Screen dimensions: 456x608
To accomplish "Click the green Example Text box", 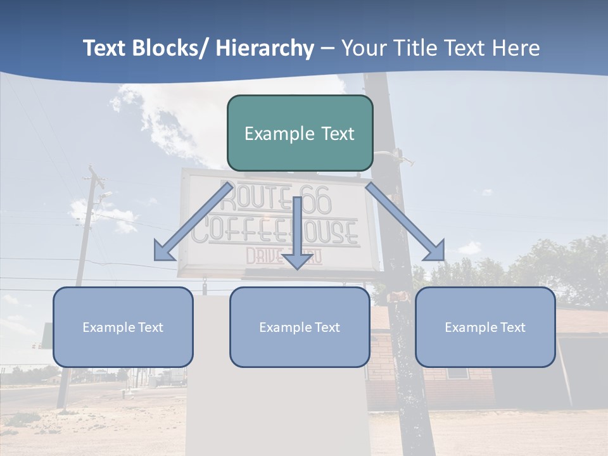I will tap(300, 133).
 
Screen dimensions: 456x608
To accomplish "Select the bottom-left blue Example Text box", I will tap(123, 327).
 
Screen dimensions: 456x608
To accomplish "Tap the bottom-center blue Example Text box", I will tap(300, 327).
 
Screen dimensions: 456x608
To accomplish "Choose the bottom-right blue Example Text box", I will tap(485, 327).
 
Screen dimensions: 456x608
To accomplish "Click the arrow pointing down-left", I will tap(193, 222).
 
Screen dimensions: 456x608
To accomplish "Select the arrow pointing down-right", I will tap(405, 222).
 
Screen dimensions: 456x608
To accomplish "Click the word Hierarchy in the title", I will tap(265, 48).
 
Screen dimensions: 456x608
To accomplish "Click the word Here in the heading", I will tap(516, 48).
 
